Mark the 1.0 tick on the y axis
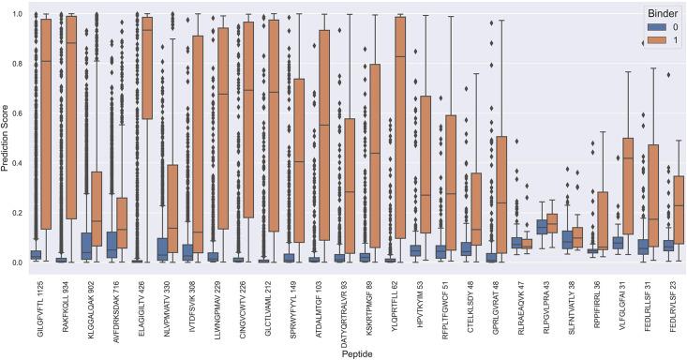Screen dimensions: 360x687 [x=17, y=15]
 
